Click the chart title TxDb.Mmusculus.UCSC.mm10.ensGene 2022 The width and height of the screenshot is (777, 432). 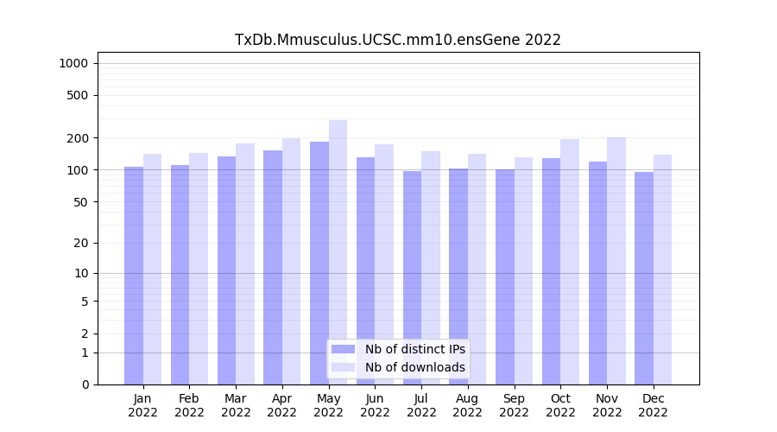coord(398,40)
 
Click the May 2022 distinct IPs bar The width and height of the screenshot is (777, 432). coord(319,263)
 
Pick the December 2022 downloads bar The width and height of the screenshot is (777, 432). coord(662,270)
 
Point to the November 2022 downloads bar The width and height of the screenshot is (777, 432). coord(616,261)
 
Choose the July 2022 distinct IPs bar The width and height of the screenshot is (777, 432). coord(412,277)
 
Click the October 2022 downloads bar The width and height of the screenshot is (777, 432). coord(570,262)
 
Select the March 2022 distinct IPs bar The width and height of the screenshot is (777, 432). coord(226,270)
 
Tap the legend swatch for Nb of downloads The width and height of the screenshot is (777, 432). coord(343,367)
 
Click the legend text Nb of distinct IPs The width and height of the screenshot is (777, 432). coord(415,349)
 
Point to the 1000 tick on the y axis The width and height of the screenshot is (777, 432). coord(73,63)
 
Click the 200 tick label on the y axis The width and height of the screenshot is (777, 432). coord(77,138)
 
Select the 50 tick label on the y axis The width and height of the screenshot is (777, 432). coord(79,202)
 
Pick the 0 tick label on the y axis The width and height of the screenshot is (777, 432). coord(84,384)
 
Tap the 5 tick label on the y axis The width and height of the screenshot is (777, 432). coord(84,302)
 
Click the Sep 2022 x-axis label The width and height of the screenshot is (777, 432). coord(514,405)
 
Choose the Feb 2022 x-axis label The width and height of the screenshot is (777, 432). coord(189,405)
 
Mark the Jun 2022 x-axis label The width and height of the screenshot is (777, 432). coord(375,405)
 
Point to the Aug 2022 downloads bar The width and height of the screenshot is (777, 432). coord(477,269)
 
